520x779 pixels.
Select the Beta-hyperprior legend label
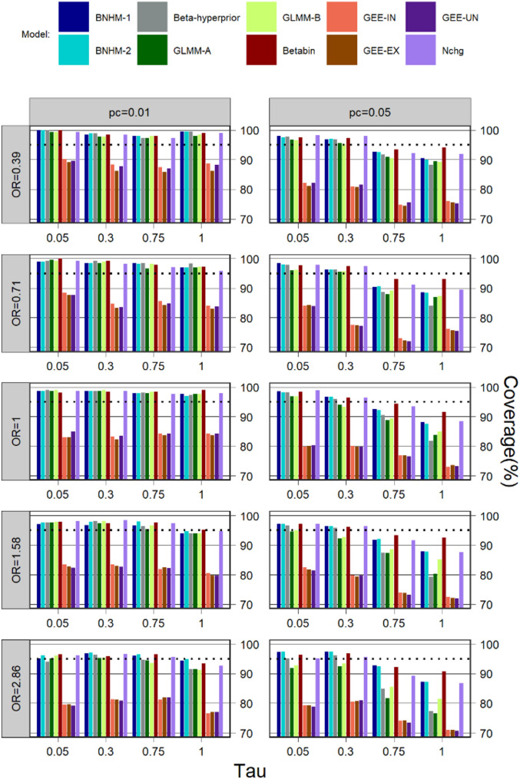(x=207, y=18)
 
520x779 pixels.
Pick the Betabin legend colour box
(x=261, y=50)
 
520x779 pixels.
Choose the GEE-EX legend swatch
(x=342, y=50)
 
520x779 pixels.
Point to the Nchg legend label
(x=452, y=51)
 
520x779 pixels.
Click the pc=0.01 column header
(x=130, y=112)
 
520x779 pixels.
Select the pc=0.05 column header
(x=370, y=112)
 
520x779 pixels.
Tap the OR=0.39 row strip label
(x=16, y=175)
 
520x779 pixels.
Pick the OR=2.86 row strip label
(x=16, y=688)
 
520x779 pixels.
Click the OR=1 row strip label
(x=16, y=432)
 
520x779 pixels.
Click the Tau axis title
(x=250, y=770)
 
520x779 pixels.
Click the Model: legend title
(x=35, y=35)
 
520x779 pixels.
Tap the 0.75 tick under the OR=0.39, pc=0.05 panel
(x=394, y=238)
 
